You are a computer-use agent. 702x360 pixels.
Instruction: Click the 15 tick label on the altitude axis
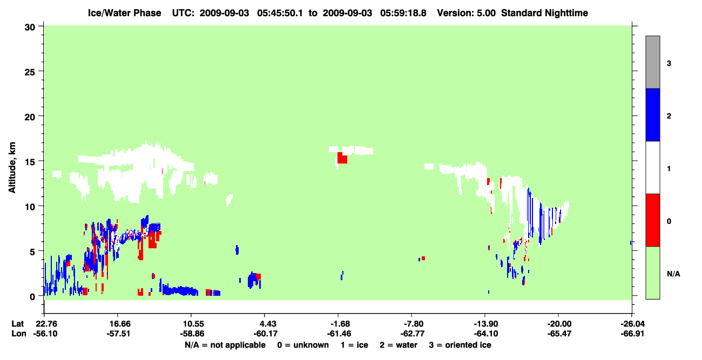coord(30,162)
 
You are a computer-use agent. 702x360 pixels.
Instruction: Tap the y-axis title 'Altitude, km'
coord(12,168)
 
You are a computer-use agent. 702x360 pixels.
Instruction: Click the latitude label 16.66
coord(118,324)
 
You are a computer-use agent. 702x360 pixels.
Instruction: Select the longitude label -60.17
coord(266,334)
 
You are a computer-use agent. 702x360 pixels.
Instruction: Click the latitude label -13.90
coord(486,324)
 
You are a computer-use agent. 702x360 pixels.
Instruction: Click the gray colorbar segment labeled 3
coord(653,62)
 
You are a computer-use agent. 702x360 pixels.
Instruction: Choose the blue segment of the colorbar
coord(653,114)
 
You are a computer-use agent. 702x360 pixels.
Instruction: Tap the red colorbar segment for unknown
coord(653,220)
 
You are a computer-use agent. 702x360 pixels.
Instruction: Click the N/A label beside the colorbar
coord(673,274)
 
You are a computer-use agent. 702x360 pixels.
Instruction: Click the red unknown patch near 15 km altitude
coord(342,158)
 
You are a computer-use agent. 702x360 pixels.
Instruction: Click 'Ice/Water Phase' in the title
coord(124,13)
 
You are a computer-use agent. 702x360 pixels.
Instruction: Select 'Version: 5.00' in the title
coord(467,13)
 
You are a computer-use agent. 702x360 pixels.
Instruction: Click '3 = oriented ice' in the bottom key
coord(460,345)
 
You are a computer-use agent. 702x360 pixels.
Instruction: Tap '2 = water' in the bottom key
coord(399,345)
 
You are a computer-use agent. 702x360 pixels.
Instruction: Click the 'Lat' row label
coord(17,324)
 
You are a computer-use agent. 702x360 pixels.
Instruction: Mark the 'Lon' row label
coord(19,334)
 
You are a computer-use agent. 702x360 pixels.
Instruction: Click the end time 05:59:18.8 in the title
coord(403,13)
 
